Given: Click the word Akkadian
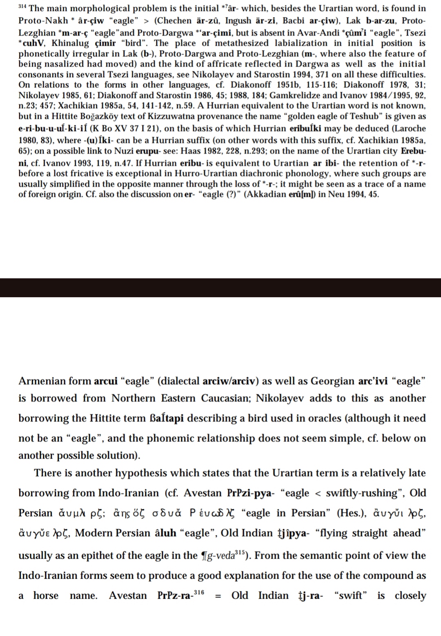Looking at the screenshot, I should point(265,194).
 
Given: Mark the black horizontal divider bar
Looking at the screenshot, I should point(220,287).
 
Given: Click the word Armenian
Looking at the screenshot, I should point(42,381).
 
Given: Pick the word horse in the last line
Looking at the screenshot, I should point(46,596).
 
